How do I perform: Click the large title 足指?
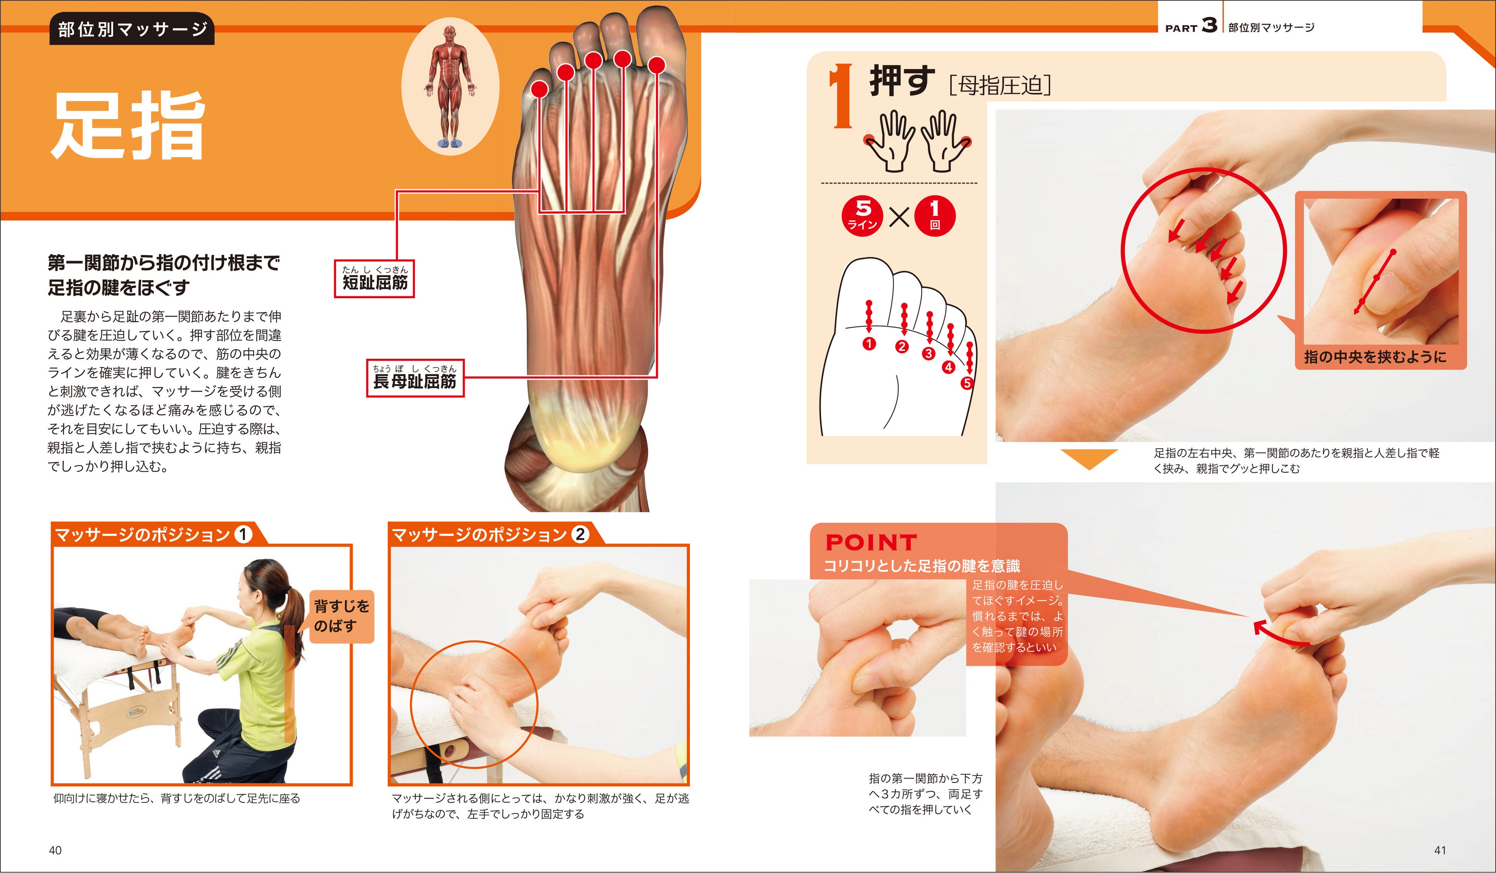pos(128,126)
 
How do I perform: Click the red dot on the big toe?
pos(656,65)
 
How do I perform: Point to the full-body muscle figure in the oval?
pos(450,86)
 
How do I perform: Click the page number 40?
pos(55,850)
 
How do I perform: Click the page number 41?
pos(1440,850)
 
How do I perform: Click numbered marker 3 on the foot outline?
pos(928,353)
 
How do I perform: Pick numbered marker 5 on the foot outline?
pos(967,383)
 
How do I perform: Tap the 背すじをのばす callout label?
pos(341,616)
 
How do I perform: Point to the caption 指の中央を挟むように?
pos(1374,357)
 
